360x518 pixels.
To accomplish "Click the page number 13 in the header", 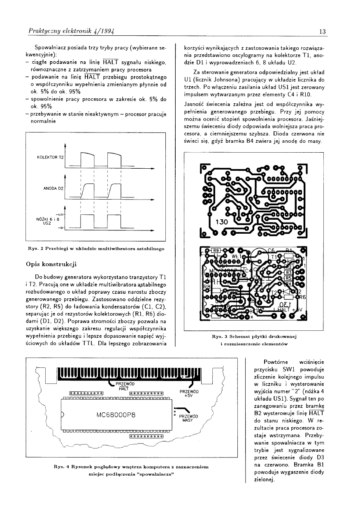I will click(x=322, y=32).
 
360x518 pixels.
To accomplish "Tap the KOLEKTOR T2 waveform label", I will click(x=50, y=158).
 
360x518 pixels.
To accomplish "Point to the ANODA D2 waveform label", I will click(x=53, y=188).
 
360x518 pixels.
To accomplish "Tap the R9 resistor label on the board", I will click(x=216, y=250).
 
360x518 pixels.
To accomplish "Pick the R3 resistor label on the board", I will click(x=288, y=272).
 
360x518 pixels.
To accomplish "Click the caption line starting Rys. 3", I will click(x=253, y=337).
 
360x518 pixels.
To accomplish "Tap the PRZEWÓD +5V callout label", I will click(x=189, y=394).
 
